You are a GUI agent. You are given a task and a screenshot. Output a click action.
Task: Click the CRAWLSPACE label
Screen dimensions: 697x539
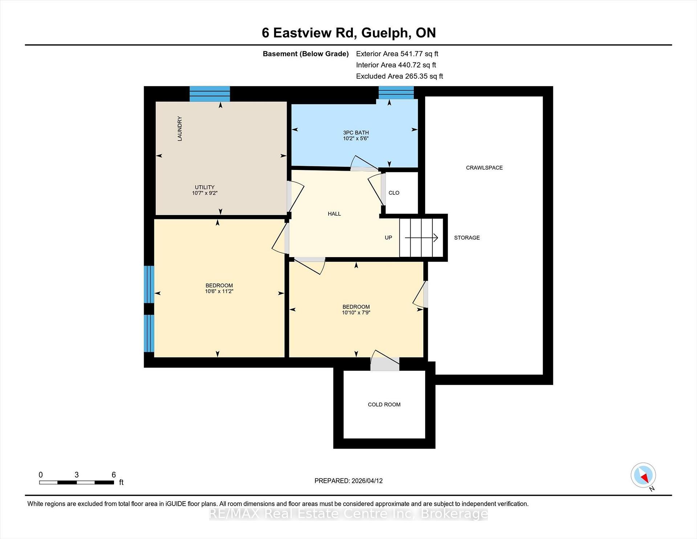484,168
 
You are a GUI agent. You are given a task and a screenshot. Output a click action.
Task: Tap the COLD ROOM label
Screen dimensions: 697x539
384,405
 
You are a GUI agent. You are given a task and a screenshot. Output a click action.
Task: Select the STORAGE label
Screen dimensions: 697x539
467,238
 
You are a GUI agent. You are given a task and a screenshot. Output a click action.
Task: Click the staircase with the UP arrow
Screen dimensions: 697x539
421,238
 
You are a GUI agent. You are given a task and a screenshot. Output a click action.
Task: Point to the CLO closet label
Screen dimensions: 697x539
394,193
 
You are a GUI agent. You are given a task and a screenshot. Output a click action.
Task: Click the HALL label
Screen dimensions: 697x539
334,214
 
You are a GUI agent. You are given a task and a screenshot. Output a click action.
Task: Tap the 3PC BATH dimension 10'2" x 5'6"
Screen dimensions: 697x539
356,138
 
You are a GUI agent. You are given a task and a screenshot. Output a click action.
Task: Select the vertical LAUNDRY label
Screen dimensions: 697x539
180,129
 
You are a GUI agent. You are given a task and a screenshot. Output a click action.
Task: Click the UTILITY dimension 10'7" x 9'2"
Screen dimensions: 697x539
205,193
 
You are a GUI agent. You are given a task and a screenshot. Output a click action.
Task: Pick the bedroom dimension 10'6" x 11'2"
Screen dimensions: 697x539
219,291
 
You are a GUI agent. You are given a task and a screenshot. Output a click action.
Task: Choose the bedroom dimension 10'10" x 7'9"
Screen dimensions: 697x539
356,312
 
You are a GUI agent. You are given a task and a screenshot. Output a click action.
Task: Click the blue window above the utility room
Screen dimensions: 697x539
210,94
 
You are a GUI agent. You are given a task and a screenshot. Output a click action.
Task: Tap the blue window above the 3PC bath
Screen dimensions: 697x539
396,93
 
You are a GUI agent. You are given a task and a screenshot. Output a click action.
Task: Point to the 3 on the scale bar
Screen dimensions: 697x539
77,475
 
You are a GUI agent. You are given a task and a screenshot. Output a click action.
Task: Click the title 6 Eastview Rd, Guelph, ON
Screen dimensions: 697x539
349,33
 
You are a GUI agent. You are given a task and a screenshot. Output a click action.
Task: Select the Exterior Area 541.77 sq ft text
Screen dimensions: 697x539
397,54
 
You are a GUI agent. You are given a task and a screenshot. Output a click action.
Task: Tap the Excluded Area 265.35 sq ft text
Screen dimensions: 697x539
400,76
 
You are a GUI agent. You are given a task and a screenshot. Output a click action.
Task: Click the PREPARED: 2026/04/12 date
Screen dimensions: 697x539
348,481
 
